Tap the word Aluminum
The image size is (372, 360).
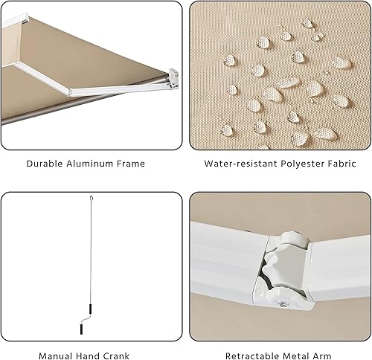click(x=90, y=164)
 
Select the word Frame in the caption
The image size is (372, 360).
click(x=132, y=164)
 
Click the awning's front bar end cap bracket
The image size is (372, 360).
click(x=172, y=77)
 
